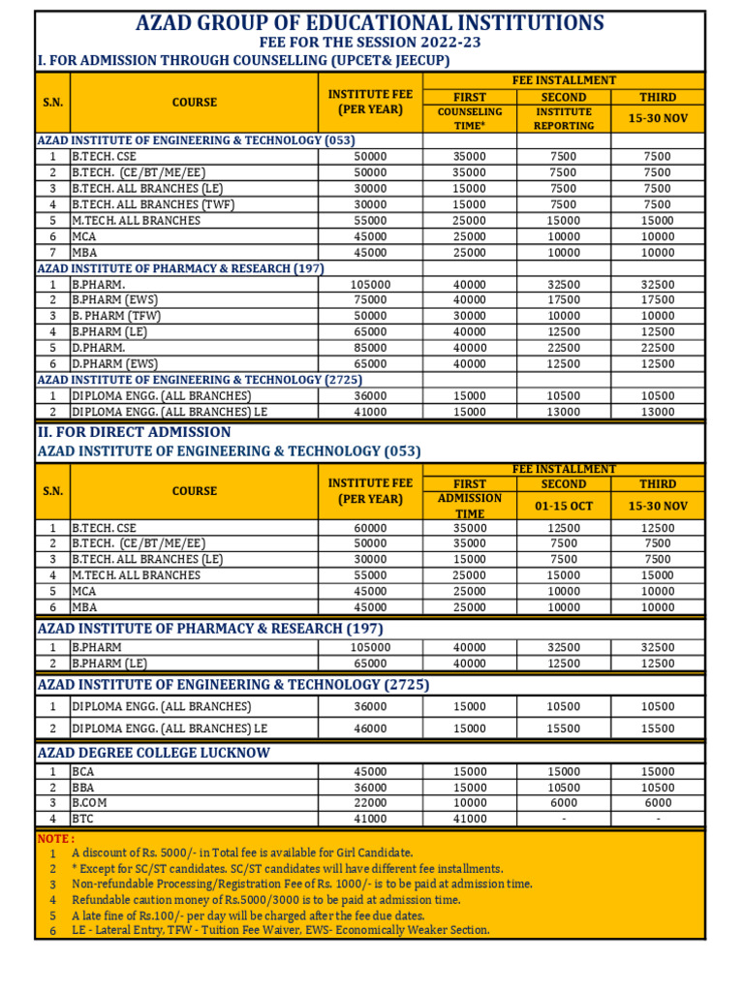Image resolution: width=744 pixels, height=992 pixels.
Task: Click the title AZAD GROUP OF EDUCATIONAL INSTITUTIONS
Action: point(370,23)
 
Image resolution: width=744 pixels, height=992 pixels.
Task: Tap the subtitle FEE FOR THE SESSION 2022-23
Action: point(369,44)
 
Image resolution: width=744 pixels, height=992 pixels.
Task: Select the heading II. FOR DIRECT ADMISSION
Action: point(134,432)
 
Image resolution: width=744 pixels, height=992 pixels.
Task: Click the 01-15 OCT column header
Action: point(563,506)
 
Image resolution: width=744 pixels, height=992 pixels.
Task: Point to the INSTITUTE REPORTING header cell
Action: point(563,118)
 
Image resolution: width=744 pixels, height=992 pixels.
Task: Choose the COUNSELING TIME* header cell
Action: point(470,118)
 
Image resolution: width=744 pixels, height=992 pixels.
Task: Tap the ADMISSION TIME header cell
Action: point(470,506)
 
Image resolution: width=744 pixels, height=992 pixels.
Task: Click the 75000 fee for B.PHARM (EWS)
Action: point(370,300)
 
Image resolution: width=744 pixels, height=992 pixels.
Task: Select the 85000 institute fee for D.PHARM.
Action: point(370,348)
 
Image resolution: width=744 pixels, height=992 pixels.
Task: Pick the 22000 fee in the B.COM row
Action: point(370,803)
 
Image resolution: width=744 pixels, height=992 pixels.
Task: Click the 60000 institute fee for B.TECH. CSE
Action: point(370,528)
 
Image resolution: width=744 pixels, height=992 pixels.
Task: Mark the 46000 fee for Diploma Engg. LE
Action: point(370,728)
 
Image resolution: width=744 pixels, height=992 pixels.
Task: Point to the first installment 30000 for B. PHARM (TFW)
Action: point(470,316)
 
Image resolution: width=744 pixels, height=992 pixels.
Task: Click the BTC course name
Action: point(83,819)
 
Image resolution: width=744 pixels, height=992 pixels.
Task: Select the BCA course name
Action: point(84,772)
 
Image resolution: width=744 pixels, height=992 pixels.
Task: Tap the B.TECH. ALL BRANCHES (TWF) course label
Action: point(153,204)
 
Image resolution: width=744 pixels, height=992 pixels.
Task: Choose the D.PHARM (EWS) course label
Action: point(114,363)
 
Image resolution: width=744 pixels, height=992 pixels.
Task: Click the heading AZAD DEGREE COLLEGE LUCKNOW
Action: point(153,753)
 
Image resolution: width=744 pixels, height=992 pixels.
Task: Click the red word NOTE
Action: point(55,838)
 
